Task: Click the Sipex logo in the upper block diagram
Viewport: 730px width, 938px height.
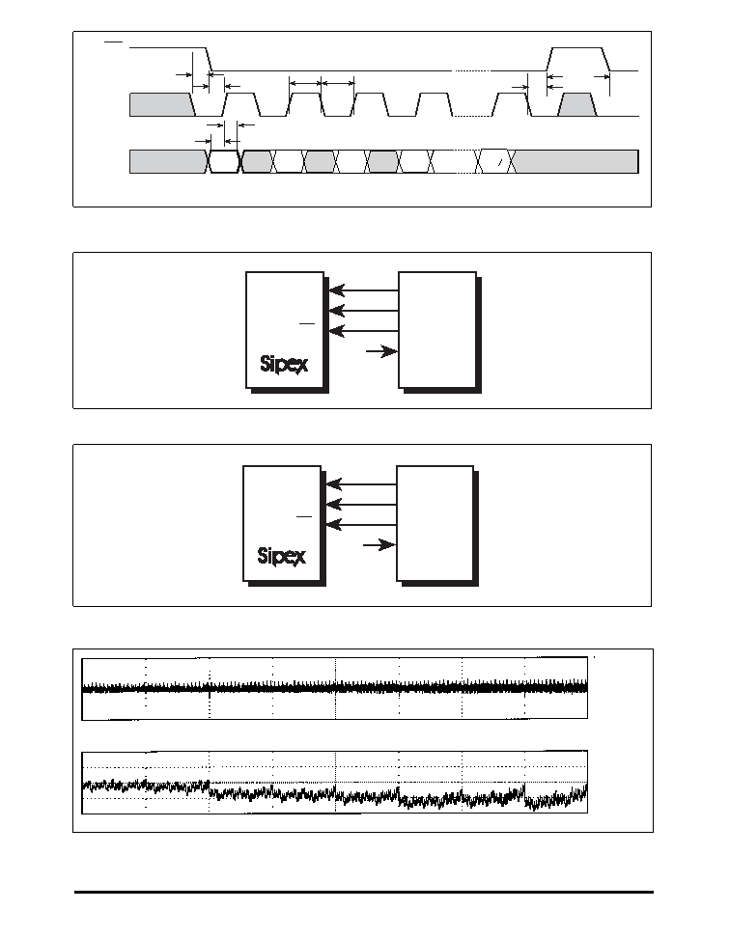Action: coord(284,365)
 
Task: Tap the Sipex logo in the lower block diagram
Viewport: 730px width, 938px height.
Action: coord(281,557)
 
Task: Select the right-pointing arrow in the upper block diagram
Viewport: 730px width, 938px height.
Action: coord(381,351)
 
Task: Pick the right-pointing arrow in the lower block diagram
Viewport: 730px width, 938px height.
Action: coord(379,545)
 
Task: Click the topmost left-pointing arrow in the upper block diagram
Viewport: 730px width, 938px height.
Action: coord(364,290)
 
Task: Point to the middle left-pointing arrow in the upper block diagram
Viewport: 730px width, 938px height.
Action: coord(364,311)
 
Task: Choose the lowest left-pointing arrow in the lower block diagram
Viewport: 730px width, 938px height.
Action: coord(361,525)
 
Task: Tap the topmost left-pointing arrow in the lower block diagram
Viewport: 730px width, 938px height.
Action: coord(361,484)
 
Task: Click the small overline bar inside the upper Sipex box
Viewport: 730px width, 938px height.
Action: coord(307,323)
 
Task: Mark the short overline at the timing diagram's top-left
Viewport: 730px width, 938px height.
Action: coord(114,41)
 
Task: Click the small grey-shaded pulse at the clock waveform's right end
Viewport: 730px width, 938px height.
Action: coord(576,104)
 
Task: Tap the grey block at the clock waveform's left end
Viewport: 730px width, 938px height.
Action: coord(162,104)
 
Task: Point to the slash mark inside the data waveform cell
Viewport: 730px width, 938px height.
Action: coord(499,163)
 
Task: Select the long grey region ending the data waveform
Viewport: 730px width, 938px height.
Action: coord(576,161)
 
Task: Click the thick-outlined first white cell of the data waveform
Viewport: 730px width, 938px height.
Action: coord(224,161)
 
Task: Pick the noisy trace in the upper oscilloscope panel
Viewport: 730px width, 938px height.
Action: coord(334,688)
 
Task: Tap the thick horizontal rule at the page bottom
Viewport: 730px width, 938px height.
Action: coord(364,892)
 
